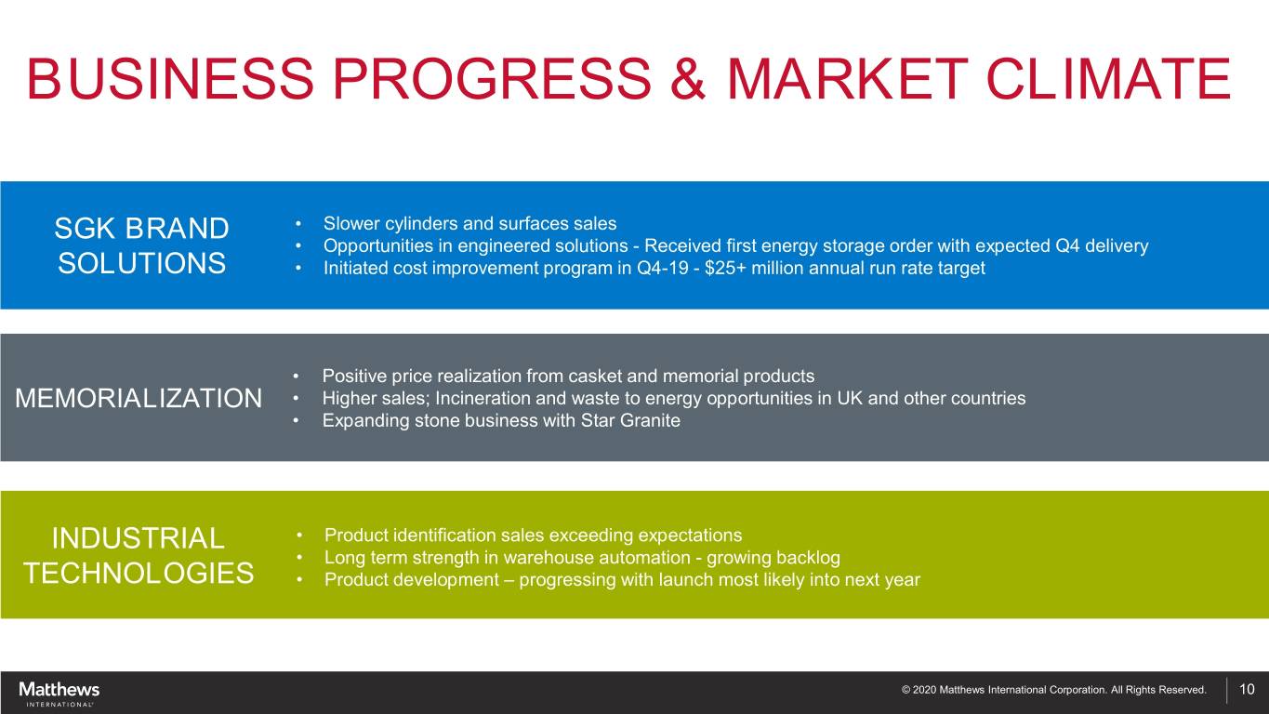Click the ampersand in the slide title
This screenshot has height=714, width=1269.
(688, 78)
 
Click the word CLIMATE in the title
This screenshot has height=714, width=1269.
(1108, 78)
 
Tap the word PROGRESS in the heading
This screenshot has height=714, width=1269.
(492, 78)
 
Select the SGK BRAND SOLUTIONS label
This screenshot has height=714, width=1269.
(141, 246)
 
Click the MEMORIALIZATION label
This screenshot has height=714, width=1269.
(139, 398)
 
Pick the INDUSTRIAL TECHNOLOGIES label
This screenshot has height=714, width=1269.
(139, 555)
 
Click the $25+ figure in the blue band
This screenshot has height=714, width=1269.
(725, 268)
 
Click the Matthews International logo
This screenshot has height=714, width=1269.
(59, 694)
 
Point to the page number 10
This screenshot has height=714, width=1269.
(1247, 689)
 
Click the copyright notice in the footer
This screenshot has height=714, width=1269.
(1053, 690)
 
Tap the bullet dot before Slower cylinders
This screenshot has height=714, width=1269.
(298, 224)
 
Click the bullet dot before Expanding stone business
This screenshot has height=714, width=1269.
(296, 421)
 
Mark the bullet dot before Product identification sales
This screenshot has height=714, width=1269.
(299, 535)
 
